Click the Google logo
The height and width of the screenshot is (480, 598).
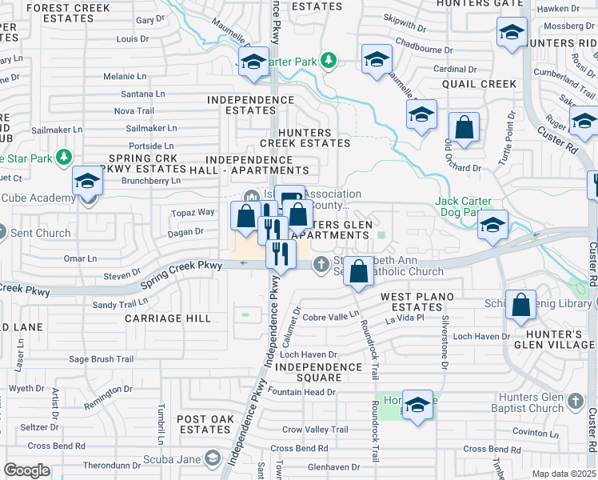tap(27, 470)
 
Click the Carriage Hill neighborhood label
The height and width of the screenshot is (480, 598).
tap(168, 318)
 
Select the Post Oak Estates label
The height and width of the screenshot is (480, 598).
tap(205, 424)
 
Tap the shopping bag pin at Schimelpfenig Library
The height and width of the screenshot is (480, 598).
tap(521, 306)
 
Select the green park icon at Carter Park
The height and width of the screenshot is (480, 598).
tap(327, 59)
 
